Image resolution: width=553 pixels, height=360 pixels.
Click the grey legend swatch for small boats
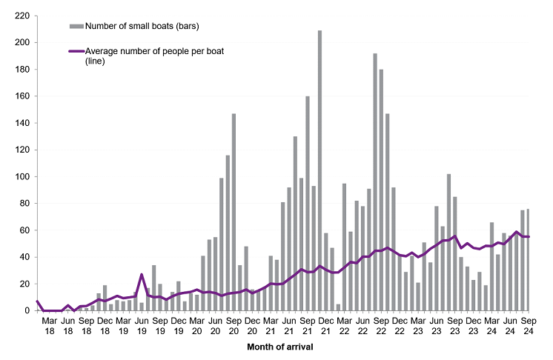(76, 27)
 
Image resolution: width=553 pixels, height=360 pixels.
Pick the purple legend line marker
(76, 51)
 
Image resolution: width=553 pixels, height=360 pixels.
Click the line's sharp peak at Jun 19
(142, 275)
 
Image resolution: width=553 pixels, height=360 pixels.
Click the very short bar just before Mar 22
(338, 307)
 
